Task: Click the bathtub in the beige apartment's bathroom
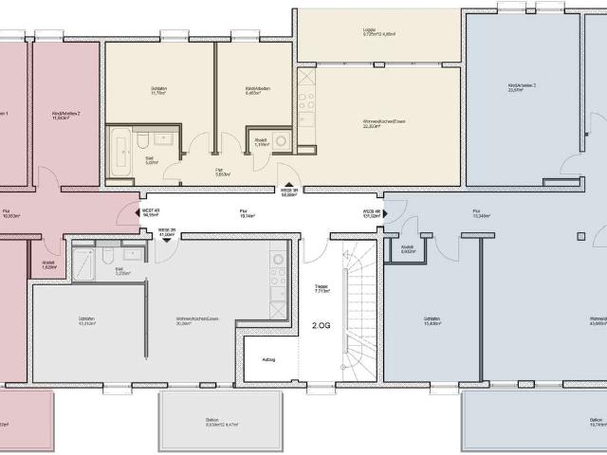pos(120,149)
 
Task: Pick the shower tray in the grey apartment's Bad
pos(83,264)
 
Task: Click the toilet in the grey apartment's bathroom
pos(107,257)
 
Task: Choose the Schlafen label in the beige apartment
pos(158,90)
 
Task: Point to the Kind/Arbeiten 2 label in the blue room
pos(523,86)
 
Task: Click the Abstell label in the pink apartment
pos(48,265)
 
